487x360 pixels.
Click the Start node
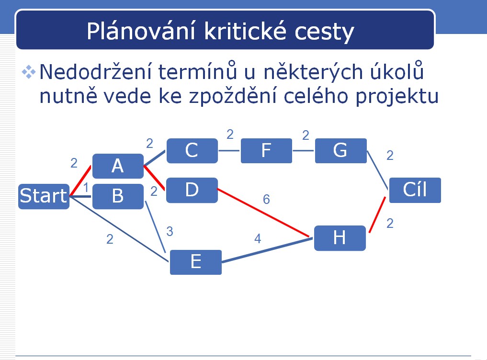44,196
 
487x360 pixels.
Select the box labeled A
118,166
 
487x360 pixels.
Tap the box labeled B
118,196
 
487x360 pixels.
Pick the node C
192,151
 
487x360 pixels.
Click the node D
192,190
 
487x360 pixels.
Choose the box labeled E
196,262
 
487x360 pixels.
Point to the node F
266,151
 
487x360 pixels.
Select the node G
341,151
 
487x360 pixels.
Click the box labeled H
340,238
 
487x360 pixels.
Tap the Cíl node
415,190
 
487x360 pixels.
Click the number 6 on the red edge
266,200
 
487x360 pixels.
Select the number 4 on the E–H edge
258,238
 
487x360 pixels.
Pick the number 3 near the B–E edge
170,231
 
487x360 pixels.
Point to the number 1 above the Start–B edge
86,188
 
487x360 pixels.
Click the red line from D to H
264,213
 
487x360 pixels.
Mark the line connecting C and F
229,151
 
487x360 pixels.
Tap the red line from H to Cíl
377,214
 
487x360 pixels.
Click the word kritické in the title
245,31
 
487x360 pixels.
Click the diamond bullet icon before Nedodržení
29,72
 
